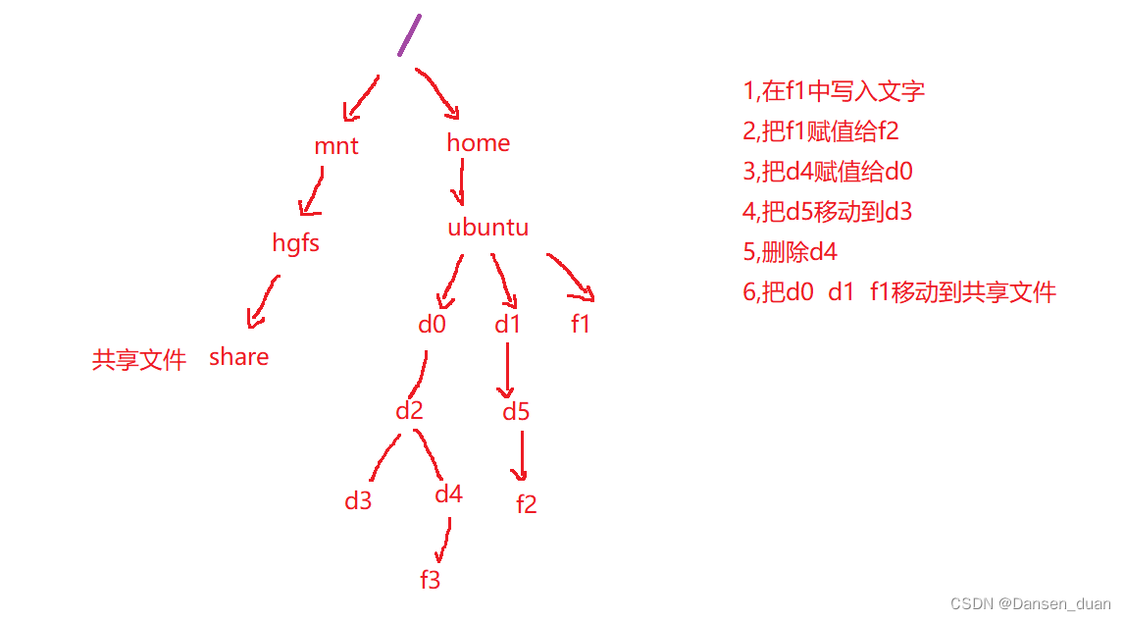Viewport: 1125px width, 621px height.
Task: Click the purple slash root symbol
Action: (410, 34)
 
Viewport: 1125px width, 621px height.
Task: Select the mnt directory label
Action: (336, 147)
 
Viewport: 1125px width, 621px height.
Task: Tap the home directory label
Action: (479, 143)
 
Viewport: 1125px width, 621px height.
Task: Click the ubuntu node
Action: (487, 228)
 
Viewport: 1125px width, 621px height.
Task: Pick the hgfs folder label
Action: (296, 243)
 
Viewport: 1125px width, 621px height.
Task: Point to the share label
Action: (238, 357)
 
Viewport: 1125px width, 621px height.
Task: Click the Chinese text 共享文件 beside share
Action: (139, 360)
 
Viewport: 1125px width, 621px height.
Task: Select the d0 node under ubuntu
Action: (432, 325)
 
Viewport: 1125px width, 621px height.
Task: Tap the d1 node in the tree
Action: (507, 325)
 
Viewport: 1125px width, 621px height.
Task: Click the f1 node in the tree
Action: (581, 325)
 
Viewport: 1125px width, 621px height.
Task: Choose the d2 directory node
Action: (409, 410)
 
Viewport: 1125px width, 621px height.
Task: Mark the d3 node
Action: (358, 501)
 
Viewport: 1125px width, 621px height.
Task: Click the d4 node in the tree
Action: (448, 494)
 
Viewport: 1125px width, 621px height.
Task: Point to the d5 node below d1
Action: (516, 412)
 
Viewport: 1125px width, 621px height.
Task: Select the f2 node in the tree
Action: (527, 504)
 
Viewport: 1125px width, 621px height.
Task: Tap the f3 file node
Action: (430, 580)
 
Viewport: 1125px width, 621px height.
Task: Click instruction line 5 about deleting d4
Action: (791, 252)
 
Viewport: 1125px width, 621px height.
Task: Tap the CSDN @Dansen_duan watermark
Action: (1031, 604)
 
